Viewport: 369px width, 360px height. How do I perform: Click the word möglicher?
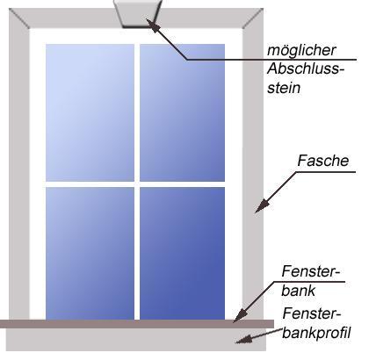(x=301, y=51)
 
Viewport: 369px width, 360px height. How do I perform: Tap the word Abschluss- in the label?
(x=306, y=69)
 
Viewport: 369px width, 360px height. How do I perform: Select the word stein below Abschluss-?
(x=284, y=88)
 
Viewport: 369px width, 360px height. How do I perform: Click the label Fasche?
(x=323, y=161)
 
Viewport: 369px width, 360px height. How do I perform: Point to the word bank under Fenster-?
(x=299, y=291)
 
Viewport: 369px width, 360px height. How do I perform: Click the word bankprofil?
(x=316, y=333)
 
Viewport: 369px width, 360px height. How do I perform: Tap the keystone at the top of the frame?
(x=138, y=13)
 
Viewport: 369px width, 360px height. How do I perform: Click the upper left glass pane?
(x=90, y=112)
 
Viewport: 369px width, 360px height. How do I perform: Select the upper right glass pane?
(x=182, y=112)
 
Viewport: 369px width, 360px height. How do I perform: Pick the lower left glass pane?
(x=90, y=253)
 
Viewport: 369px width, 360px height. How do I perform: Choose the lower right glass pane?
(x=182, y=253)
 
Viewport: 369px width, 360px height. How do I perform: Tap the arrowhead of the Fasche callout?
(x=262, y=206)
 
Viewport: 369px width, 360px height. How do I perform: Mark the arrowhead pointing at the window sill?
(x=240, y=316)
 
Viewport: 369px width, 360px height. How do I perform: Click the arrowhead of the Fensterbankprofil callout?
(x=243, y=339)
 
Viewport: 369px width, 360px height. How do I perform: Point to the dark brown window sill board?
(x=137, y=324)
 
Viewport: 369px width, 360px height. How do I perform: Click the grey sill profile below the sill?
(x=136, y=340)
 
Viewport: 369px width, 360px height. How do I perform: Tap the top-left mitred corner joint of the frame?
(x=19, y=18)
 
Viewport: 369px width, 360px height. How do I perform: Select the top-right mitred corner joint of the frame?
(x=253, y=18)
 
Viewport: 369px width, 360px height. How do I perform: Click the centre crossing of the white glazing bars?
(x=137, y=184)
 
